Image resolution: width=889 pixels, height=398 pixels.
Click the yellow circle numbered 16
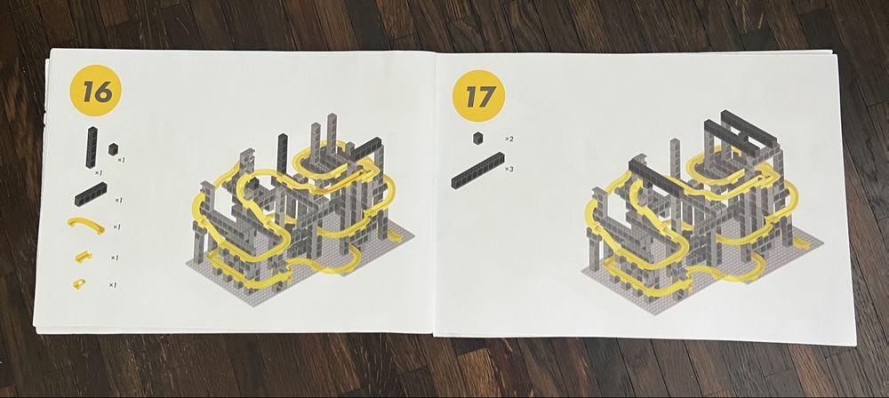point(95,90)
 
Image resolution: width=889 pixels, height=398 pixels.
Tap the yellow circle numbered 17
point(478,96)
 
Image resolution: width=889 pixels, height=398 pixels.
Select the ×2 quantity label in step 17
point(509,139)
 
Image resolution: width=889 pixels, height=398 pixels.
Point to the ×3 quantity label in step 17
point(509,169)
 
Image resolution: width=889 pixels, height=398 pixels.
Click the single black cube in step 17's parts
point(479,138)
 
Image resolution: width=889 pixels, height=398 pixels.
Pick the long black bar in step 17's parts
point(477,170)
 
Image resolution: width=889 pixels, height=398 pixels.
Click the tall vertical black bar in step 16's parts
point(92,147)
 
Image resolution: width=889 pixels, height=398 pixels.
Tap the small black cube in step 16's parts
point(114,149)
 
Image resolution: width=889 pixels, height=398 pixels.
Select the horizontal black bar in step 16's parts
point(90,195)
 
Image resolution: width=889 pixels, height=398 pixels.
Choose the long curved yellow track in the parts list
point(86,222)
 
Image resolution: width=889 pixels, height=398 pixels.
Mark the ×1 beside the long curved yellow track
point(116,227)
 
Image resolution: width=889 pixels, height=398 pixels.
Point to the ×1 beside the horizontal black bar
point(118,200)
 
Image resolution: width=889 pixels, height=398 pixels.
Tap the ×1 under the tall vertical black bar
point(98,172)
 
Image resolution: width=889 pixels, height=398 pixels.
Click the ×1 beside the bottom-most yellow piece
point(113,284)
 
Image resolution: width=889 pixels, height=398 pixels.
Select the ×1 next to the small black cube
point(121,160)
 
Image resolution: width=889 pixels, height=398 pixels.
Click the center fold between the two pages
point(435,193)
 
